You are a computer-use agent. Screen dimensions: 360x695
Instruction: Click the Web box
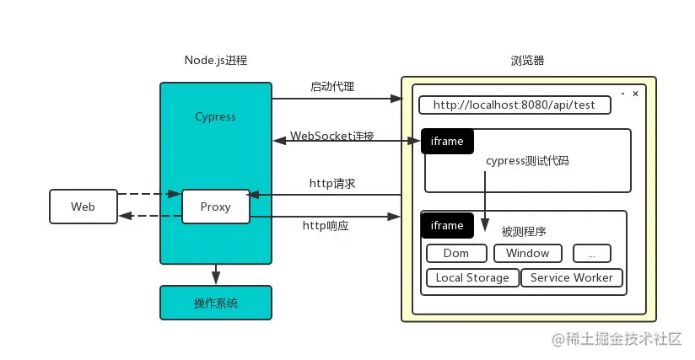point(83,207)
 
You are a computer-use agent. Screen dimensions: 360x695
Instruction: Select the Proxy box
point(216,207)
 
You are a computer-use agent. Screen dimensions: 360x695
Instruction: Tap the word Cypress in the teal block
point(215,116)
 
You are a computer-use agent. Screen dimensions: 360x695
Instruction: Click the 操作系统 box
point(216,303)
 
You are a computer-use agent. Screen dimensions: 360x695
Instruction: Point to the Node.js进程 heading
point(216,61)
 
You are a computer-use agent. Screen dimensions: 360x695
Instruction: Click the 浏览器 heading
point(527,61)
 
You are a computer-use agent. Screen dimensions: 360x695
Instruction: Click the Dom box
point(457,253)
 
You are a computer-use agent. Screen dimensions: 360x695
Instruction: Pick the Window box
point(527,253)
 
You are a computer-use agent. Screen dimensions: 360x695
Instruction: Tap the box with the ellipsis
point(591,253)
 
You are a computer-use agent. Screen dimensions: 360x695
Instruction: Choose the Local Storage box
point(472,277)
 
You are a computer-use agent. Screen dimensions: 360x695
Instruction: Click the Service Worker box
point(571,277)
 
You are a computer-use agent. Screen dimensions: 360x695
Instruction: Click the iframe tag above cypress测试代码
point(447,142)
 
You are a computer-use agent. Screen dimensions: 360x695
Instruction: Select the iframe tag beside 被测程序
point(447,225)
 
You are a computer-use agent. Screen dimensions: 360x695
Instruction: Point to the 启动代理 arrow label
point(332,87)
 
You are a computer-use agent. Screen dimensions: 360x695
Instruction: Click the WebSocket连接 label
point(332,136)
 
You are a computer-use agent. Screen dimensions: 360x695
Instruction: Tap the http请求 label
point(332,183)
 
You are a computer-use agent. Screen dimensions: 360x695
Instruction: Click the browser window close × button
point(635,94)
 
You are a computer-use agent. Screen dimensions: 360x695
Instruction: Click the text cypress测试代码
point(527,160)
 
